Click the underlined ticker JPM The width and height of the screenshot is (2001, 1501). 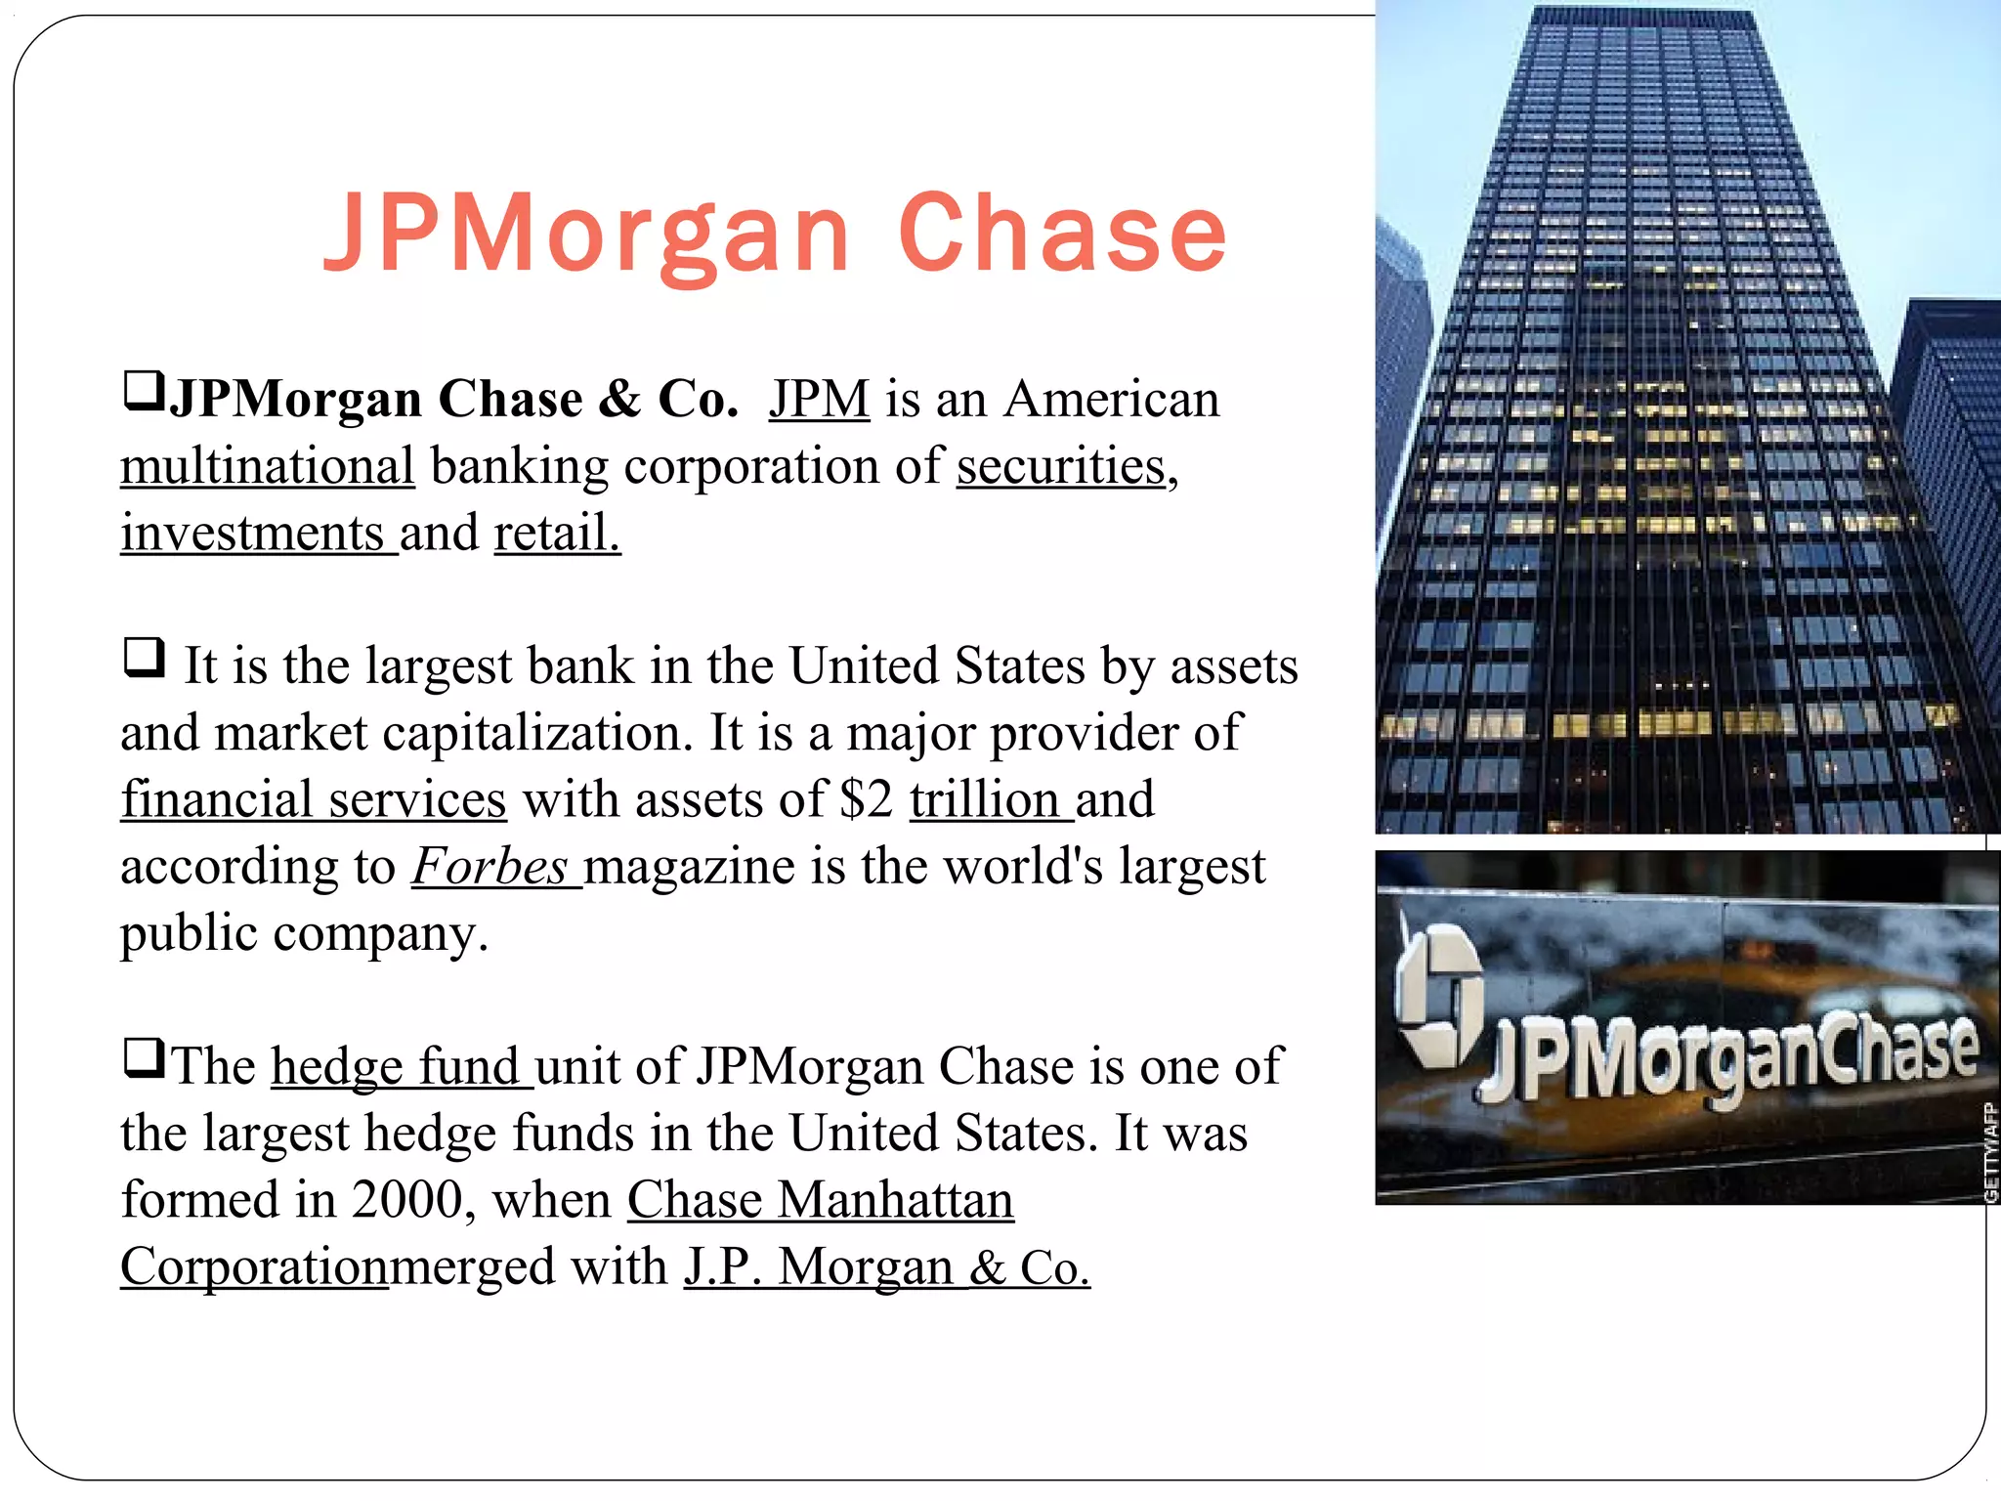coord(819,400)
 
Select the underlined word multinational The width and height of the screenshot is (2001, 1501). coord(268,466)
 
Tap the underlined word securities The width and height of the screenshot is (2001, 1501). coord(1061,466)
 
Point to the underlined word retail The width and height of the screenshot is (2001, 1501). coord(556,534)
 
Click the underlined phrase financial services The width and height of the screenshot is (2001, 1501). coord(314,799)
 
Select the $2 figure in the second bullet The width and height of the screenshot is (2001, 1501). coord(866,799)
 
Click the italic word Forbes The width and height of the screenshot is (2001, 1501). coord(490,866)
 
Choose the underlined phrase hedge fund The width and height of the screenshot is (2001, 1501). coord(396,1066)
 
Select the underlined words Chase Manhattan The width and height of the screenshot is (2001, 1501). coord(820,1199)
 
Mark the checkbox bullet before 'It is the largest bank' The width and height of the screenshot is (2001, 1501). coord(144,657)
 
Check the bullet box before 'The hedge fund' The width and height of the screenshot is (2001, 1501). coord(144,1057)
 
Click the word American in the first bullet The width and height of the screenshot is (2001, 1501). coord(1112,400)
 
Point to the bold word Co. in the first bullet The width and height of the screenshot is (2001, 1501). coord(698,400)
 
